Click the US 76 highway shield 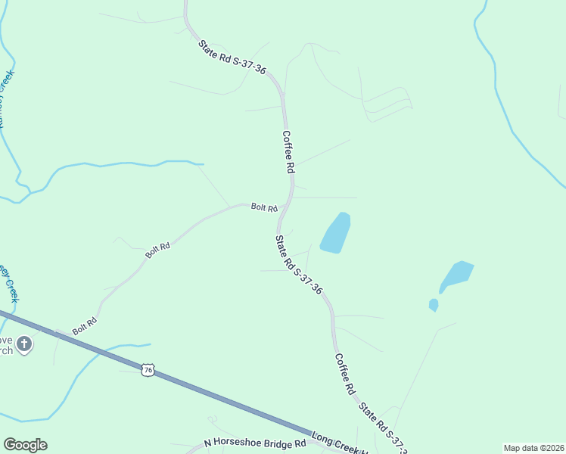(148, 368)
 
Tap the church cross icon (24, 344)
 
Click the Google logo (25, 445)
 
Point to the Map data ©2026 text (533, 448)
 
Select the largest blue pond (335, 232)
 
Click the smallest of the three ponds (434, 305)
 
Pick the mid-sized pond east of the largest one (456, 275)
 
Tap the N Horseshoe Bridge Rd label (255, 443)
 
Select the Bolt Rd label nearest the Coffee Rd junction (264, 207)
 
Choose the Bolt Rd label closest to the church (85, 326)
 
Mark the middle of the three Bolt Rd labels (158, 250)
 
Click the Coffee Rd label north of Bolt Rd (288, 152)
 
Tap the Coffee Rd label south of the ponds (344, 375)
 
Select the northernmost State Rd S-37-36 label (232, 57)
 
